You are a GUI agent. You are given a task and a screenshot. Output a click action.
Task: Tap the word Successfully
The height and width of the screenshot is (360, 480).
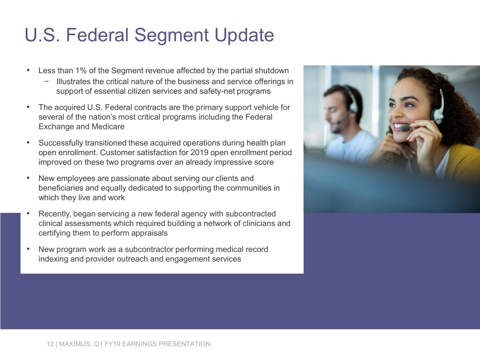pyautogui.click(x=60, y=143)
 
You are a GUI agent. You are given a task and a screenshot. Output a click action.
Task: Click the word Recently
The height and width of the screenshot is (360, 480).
pyautogui.click(x=54, y=214)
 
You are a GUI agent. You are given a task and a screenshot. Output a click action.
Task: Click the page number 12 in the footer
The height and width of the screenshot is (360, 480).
pyautogui.click(x=50, y=344)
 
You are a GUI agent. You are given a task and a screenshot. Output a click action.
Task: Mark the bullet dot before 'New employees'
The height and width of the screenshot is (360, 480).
pyautogui.click(x=29, y=178)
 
